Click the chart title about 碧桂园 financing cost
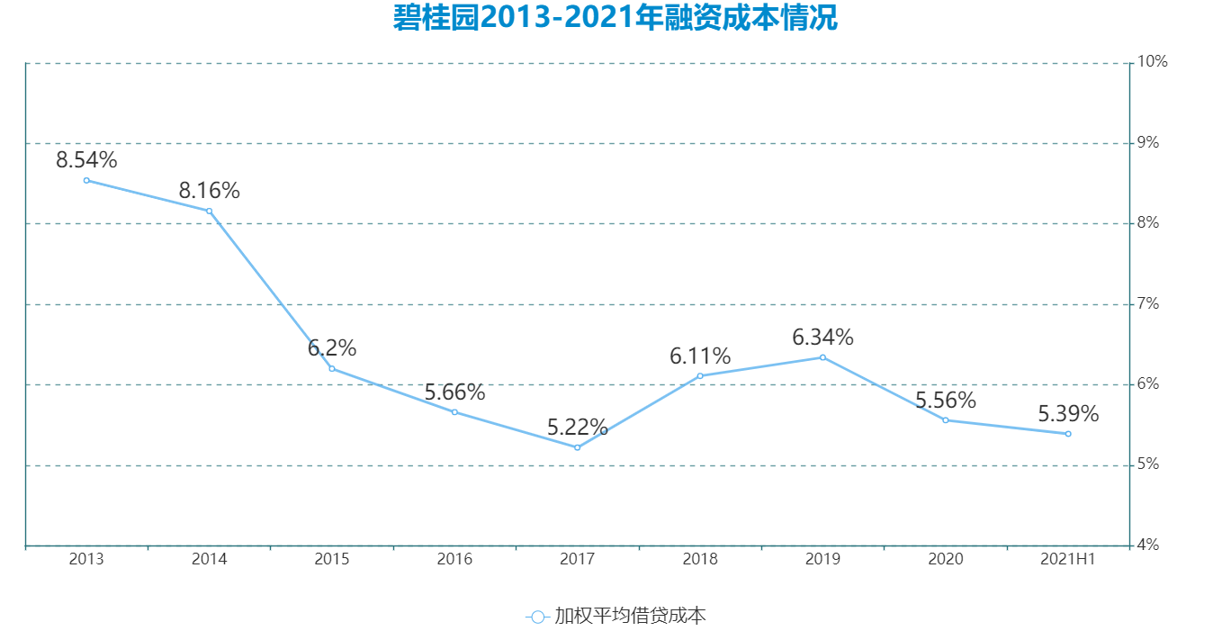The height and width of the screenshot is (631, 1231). click(615, 18)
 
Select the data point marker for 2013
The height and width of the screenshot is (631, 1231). click(86, 180)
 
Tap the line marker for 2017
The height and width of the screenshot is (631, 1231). click(577, 447)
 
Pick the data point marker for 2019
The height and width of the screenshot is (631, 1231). click(822, 357)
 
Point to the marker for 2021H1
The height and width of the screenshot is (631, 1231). click(1068, 434)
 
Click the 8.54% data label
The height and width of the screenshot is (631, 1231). click(86, 160)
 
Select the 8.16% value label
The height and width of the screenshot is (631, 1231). click(209, 191)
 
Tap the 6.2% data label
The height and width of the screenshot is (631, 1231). click(332, 348)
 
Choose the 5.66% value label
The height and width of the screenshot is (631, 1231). click(454, 392)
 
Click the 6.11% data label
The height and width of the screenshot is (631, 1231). click(700, 356)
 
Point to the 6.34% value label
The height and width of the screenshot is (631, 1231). click(822, 338)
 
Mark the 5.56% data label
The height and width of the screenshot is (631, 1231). click(946, 401)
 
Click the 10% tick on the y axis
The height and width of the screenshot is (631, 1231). click(1153, 62)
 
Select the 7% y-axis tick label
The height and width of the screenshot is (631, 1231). click(1149, 304)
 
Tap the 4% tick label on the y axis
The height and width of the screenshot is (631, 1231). click(1149, 545)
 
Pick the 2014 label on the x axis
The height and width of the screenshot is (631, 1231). click(209, 559)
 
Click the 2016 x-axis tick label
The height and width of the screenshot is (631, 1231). click(454, 559)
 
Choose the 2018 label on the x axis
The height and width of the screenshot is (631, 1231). click(700, 559)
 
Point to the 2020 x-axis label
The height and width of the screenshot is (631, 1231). click(946, 559)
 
